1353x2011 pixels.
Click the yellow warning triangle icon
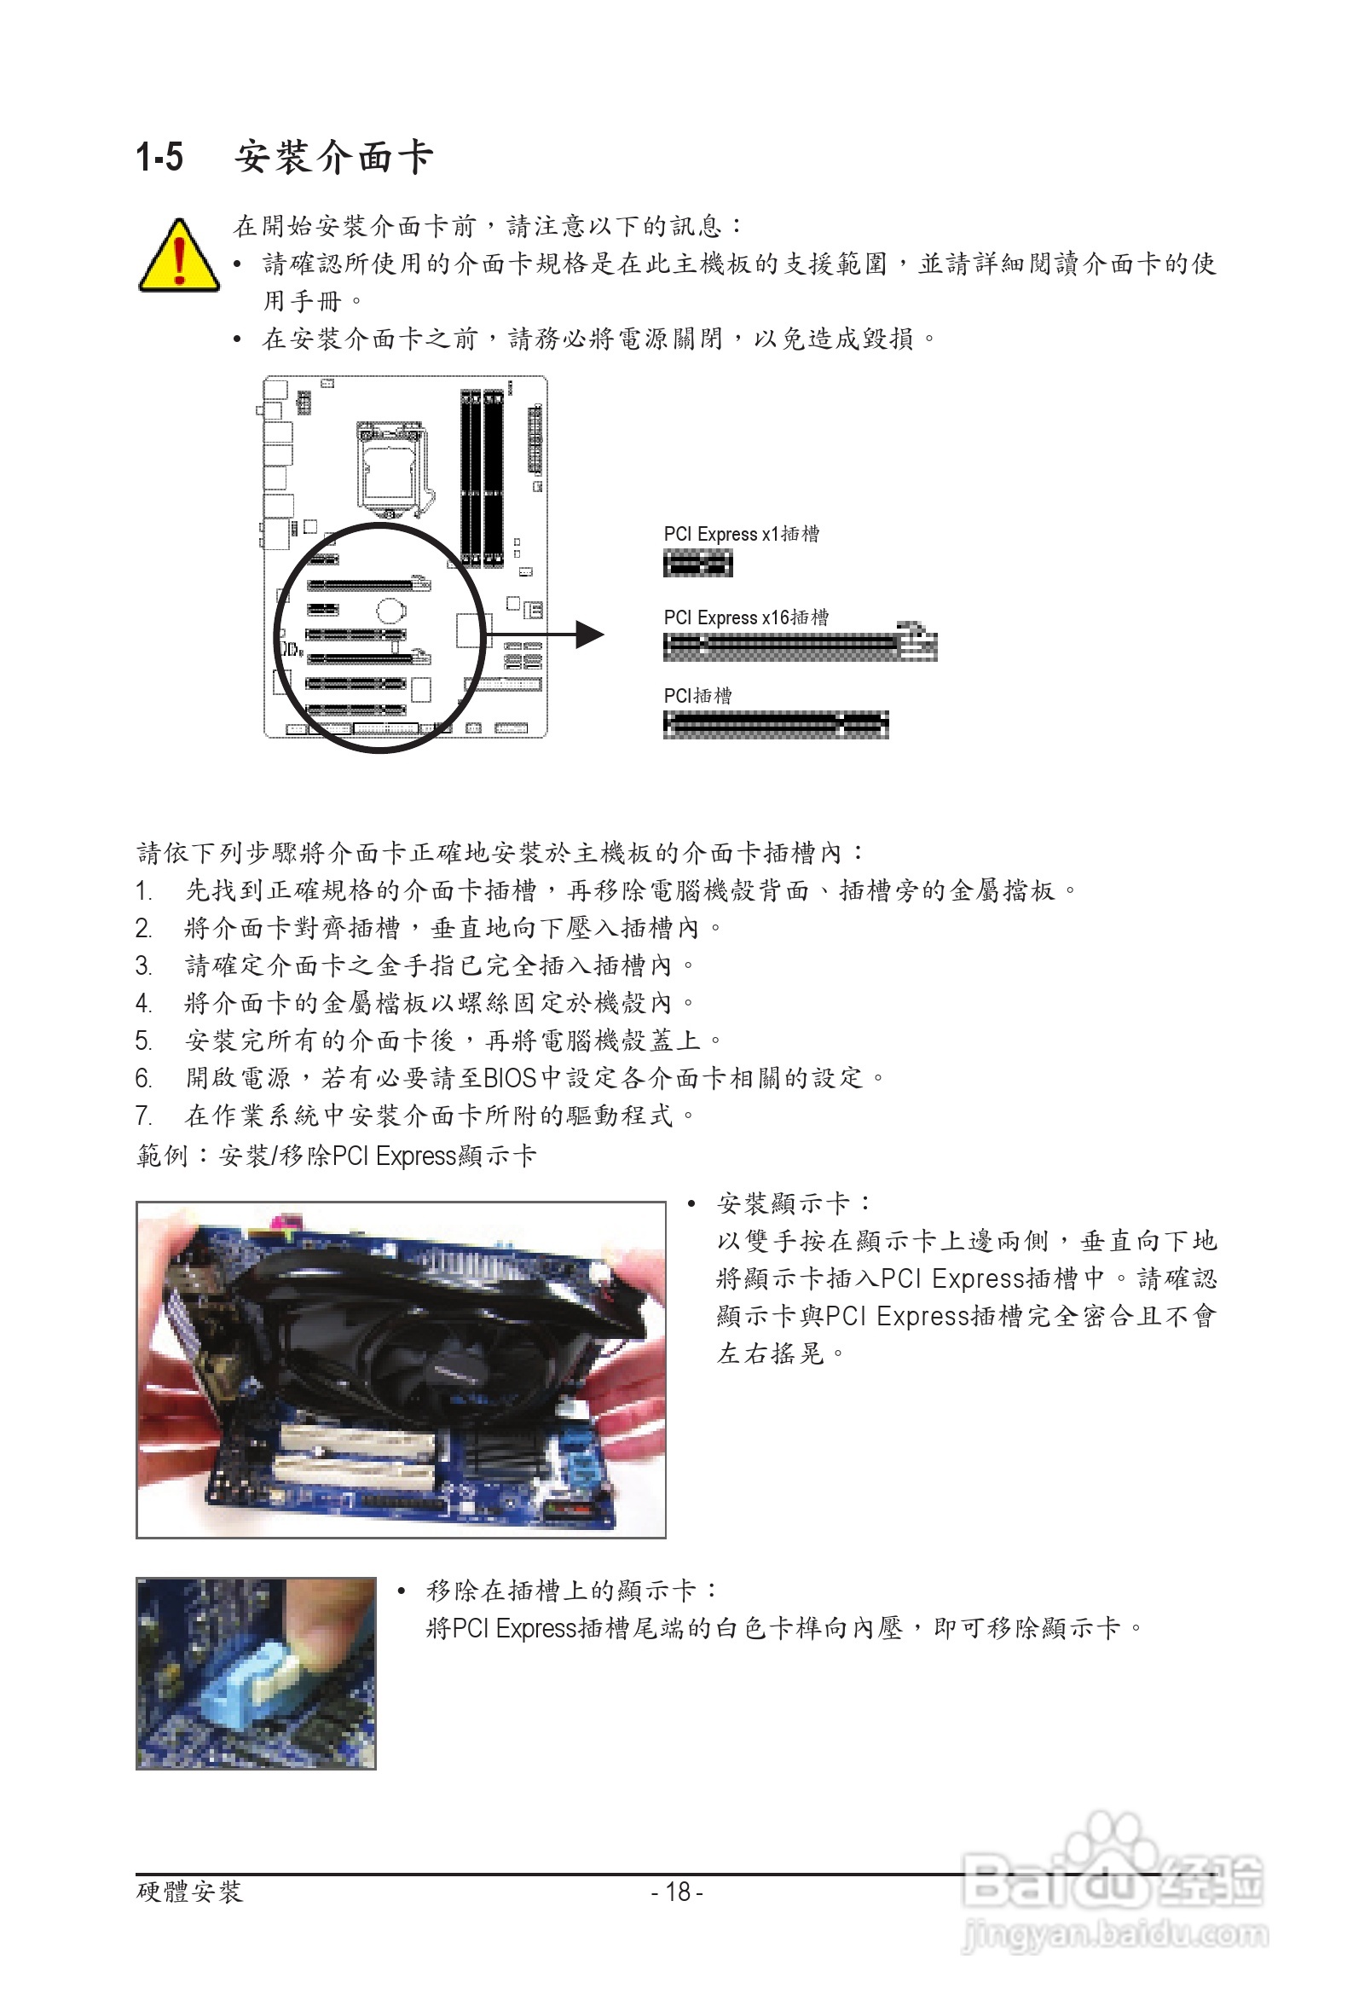pyautogui.click(x=179, y=258)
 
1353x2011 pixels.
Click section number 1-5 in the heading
pyautogui.click(x=159, y=158)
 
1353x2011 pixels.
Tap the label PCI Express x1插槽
pyautogui.click(x=741, y=534)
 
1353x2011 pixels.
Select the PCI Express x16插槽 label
pyautogui.click(x=745, y=618)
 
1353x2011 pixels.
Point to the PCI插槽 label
pyautogui.click(x=697, y=696)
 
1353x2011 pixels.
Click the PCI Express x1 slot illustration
pyautogui.click(x=697, y=565)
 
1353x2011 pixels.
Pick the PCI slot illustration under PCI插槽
pyautogui.click(x=775, y=724)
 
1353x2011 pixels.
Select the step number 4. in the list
pyautogui.click(x=144, y=1004)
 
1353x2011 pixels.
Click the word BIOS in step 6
pyautogui.click(x=510, y=1078)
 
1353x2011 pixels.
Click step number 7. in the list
pyautogui.click(x=144, y=1116)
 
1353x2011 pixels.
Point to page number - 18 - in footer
pyautogui.click(x=677, y=1892)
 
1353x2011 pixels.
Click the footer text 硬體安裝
pyautogui.click(x=190, y=1892)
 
